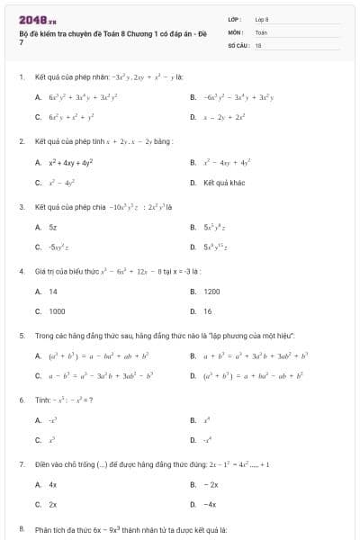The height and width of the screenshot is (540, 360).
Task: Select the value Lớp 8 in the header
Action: coord(262,18)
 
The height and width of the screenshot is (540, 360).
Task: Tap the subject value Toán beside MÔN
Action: coord(261,31)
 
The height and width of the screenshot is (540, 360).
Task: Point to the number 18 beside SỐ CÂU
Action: coord(258,43)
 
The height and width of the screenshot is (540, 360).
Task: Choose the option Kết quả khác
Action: coord(223,183)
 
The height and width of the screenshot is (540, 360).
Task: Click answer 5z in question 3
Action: coord(53,229)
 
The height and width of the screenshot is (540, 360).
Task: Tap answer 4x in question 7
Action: coord(53,484)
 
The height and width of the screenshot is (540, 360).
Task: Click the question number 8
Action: coord(21,529)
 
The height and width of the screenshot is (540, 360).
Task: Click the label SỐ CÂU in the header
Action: coord(238,43)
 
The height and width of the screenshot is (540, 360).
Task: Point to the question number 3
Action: coord(21,207)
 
